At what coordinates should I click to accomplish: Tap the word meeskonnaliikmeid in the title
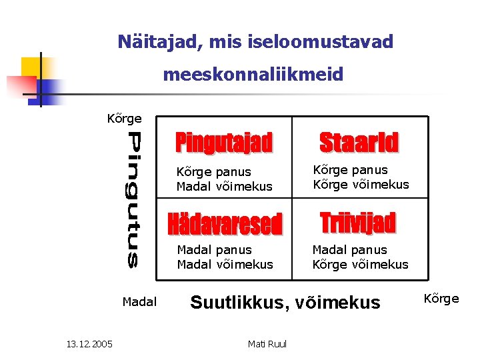253,75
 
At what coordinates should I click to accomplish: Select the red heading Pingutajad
224,143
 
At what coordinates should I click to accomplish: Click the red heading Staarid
359,143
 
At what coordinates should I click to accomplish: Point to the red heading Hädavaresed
225,225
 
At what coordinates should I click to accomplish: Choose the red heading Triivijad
358,223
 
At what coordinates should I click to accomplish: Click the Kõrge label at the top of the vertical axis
125,119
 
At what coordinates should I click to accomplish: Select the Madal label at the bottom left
139,302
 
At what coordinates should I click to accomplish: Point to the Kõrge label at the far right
441,299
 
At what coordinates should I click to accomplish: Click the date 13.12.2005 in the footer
89,344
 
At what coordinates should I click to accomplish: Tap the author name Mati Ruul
267,344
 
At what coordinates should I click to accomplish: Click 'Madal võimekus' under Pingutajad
225,187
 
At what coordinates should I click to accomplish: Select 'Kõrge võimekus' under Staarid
361,185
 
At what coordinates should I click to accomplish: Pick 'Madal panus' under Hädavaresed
214,250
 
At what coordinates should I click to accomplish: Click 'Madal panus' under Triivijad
349,250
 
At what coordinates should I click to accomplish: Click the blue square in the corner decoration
48,89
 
